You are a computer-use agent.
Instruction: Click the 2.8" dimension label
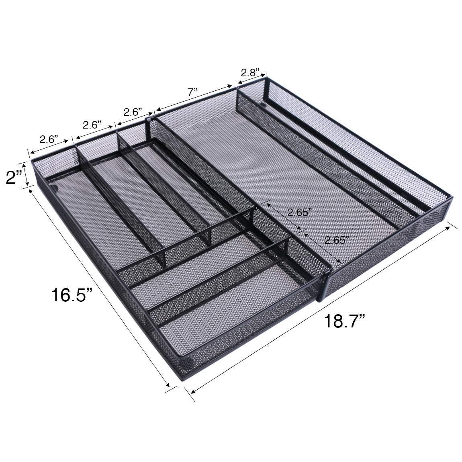click(250, 72)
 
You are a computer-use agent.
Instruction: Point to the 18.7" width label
click(345, 321)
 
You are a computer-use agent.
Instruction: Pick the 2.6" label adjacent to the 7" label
click(133, 112)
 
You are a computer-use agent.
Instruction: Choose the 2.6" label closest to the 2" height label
click(49, 139)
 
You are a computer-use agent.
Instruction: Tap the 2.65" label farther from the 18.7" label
click(299, 213)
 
